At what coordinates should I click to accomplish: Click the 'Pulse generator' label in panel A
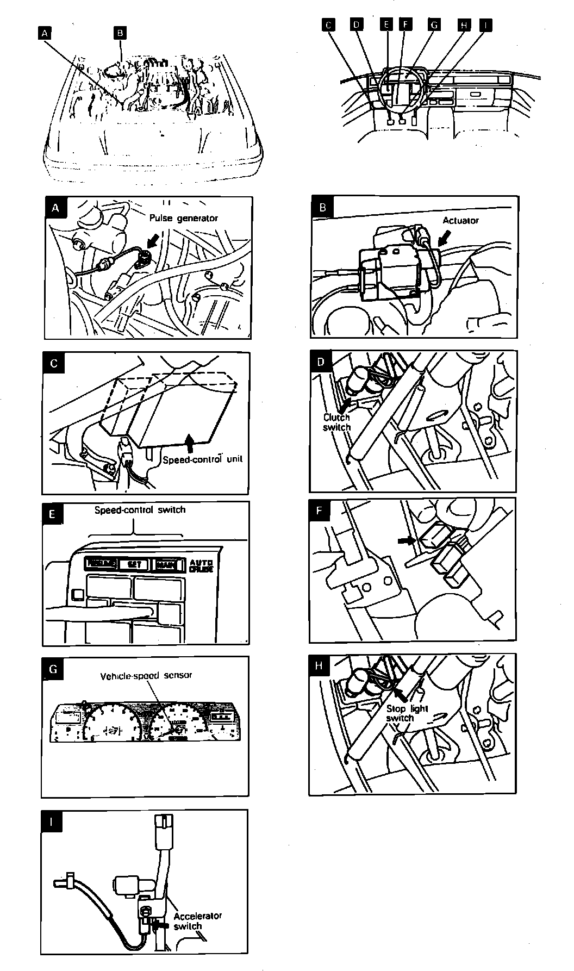tap(184, 218)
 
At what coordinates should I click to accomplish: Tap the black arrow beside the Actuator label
tap(445, 235)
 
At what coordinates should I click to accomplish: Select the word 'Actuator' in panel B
tap(460, 220)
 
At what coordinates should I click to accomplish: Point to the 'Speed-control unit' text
tap(203, 459)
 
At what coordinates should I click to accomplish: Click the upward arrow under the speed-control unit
tap(189, 441)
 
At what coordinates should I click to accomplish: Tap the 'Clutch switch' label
tap(337, 422)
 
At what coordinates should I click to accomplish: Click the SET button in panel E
tap(134, 564)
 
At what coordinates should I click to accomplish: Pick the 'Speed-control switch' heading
tap(140, 510)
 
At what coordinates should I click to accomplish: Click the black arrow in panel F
tap(405, 540)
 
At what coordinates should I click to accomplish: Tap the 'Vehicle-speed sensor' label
tap(146, 676)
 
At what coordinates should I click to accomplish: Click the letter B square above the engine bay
tap(120, 33)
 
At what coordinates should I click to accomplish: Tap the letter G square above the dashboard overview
tap(434, 24)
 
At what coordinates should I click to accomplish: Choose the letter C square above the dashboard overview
tap(328, 24)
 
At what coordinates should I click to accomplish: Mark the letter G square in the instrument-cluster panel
tap(52, 669)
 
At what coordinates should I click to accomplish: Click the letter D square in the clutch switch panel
tap(321, 362)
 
